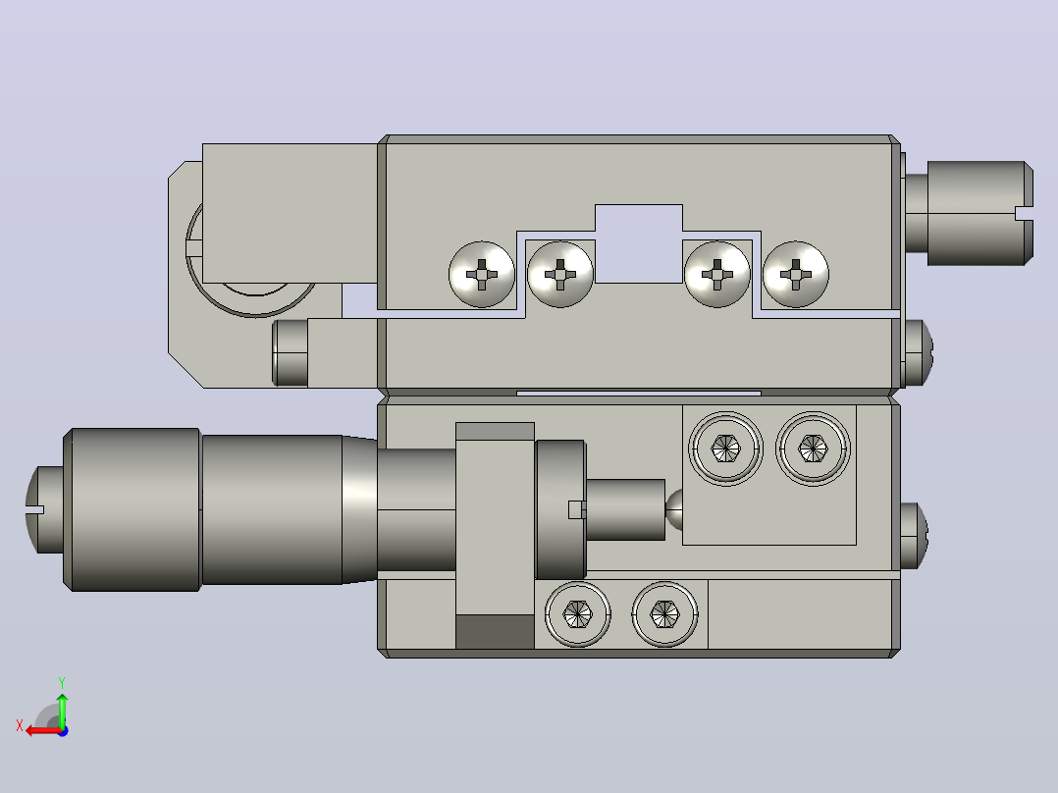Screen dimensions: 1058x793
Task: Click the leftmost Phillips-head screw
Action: tap(482, 274)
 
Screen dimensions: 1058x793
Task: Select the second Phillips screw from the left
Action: tap(560, 274)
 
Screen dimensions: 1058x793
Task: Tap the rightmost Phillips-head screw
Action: tap(796, 274)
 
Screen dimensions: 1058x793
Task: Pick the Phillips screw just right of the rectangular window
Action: tap(717, 274)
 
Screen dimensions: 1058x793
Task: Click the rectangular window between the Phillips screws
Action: tap(639, 243)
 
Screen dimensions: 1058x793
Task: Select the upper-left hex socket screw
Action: tap(725, 449)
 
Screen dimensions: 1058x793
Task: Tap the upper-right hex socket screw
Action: tap(813, 449)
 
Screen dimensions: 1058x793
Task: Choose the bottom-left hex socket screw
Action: tap(577, 614)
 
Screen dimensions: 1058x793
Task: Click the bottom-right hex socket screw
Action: tap(664, 614)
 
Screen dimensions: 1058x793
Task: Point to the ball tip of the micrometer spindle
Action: tap(674, 509)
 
